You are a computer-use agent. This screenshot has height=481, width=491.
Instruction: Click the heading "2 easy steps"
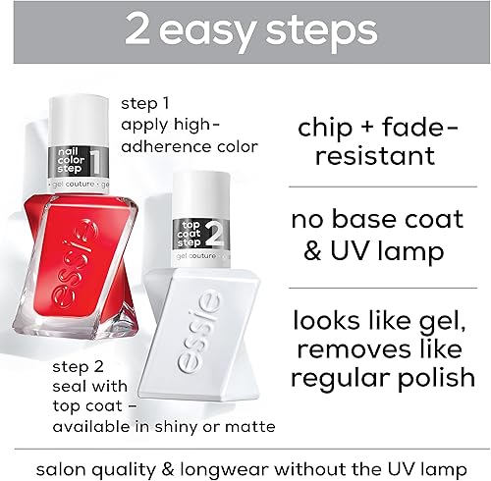245,29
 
